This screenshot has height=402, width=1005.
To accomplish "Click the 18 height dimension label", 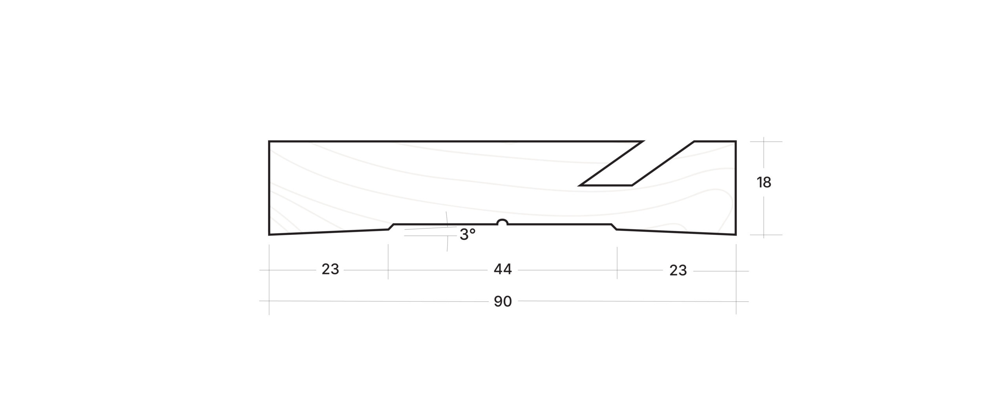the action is [x=764, y=183].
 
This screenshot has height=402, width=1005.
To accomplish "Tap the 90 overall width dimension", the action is [x=503, y=301].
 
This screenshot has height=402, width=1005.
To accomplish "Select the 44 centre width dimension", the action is [x=503, y=270].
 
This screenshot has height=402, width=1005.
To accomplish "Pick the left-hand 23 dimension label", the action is [x=330, y=270].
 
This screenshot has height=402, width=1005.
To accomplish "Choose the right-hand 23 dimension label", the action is [x=678, y=270].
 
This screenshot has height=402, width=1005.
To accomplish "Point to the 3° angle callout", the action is [x=468, y=235].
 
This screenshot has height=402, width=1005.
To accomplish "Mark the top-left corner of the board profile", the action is [x=269, y=141].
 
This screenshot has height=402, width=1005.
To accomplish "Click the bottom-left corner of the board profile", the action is [x=269, y=235].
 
